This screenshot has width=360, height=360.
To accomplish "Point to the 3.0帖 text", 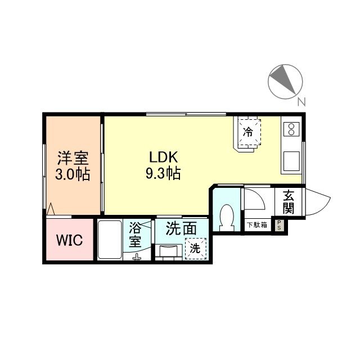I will point(72,174).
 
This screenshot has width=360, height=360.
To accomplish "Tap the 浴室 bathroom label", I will point(136,235).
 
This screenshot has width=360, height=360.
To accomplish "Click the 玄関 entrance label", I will point(289,202).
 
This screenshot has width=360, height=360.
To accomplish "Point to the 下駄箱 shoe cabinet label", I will point(257,226).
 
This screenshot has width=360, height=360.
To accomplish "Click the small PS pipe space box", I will point(278,226).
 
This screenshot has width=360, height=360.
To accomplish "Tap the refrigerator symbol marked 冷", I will point(248,132).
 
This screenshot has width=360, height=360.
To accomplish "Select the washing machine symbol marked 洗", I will point(195,248).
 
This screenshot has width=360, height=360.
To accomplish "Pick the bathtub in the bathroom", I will point(110,240).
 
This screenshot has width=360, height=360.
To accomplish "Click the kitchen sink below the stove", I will point(292,162).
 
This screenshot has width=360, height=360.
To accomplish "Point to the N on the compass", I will point(301,102).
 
